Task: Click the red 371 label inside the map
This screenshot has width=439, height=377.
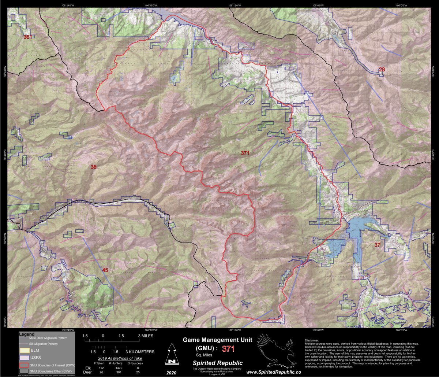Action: pos(245,153)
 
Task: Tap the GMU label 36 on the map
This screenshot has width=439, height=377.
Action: pos(94,167)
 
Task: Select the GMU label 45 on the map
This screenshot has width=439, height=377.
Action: pos(105,270)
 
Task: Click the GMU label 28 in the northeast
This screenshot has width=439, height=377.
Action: pos(382,70)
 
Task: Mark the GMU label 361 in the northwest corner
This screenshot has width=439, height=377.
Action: pos(27,37)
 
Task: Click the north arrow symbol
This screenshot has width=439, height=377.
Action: pos(170,354)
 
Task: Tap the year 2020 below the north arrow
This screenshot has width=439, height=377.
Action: pos(170,372)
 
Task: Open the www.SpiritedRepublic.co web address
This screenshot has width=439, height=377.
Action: pos(274,372)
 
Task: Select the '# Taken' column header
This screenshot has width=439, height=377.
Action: pos(99,363)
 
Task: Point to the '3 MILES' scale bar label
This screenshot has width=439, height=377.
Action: pos(146,336)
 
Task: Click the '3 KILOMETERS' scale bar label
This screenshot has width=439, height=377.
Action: pos(140,352)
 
